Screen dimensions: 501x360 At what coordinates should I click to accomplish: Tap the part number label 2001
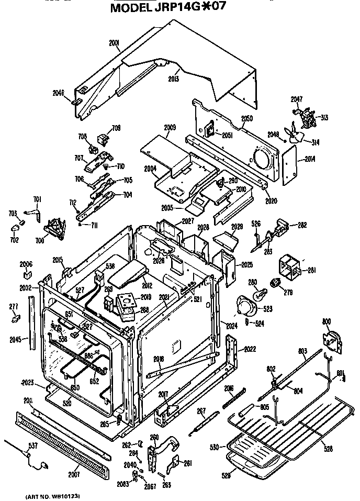pos(115,42)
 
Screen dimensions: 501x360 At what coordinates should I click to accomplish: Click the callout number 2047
pos(297,98)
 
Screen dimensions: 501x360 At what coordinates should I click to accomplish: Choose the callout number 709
pos(116,127)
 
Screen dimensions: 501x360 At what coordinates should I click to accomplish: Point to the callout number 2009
pos(170,127)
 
